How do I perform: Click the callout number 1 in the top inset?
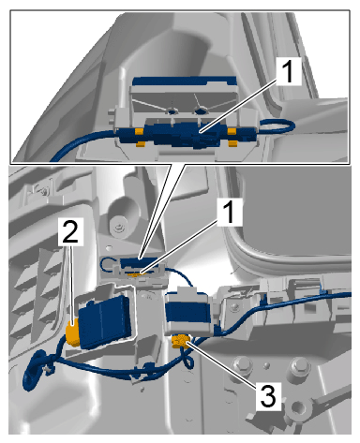[x=288, y=71]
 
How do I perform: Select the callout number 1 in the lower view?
[x=230, y=212]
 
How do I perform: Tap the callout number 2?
[x=70, y=230]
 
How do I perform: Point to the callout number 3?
[x=268, y=396]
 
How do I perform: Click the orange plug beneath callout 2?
[x=72, y=335]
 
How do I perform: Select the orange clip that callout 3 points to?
[x=180, y=341]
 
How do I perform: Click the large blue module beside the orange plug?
[x=105, y=321]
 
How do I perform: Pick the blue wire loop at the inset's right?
[x=277, y=127]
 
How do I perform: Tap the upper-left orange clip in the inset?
[x=139, y=131]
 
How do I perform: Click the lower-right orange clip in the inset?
[x=232, y=143]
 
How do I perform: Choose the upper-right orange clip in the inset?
[x=232, y=131]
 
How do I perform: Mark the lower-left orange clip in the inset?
[x=140, y=144]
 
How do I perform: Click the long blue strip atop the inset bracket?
[x=185, y=81]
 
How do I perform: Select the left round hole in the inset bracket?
[x=172, y=111]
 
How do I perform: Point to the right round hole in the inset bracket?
[x=201, y=111]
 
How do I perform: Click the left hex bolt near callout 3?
[x=243, y=367]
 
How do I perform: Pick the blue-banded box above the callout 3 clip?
[x=187, y=313]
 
